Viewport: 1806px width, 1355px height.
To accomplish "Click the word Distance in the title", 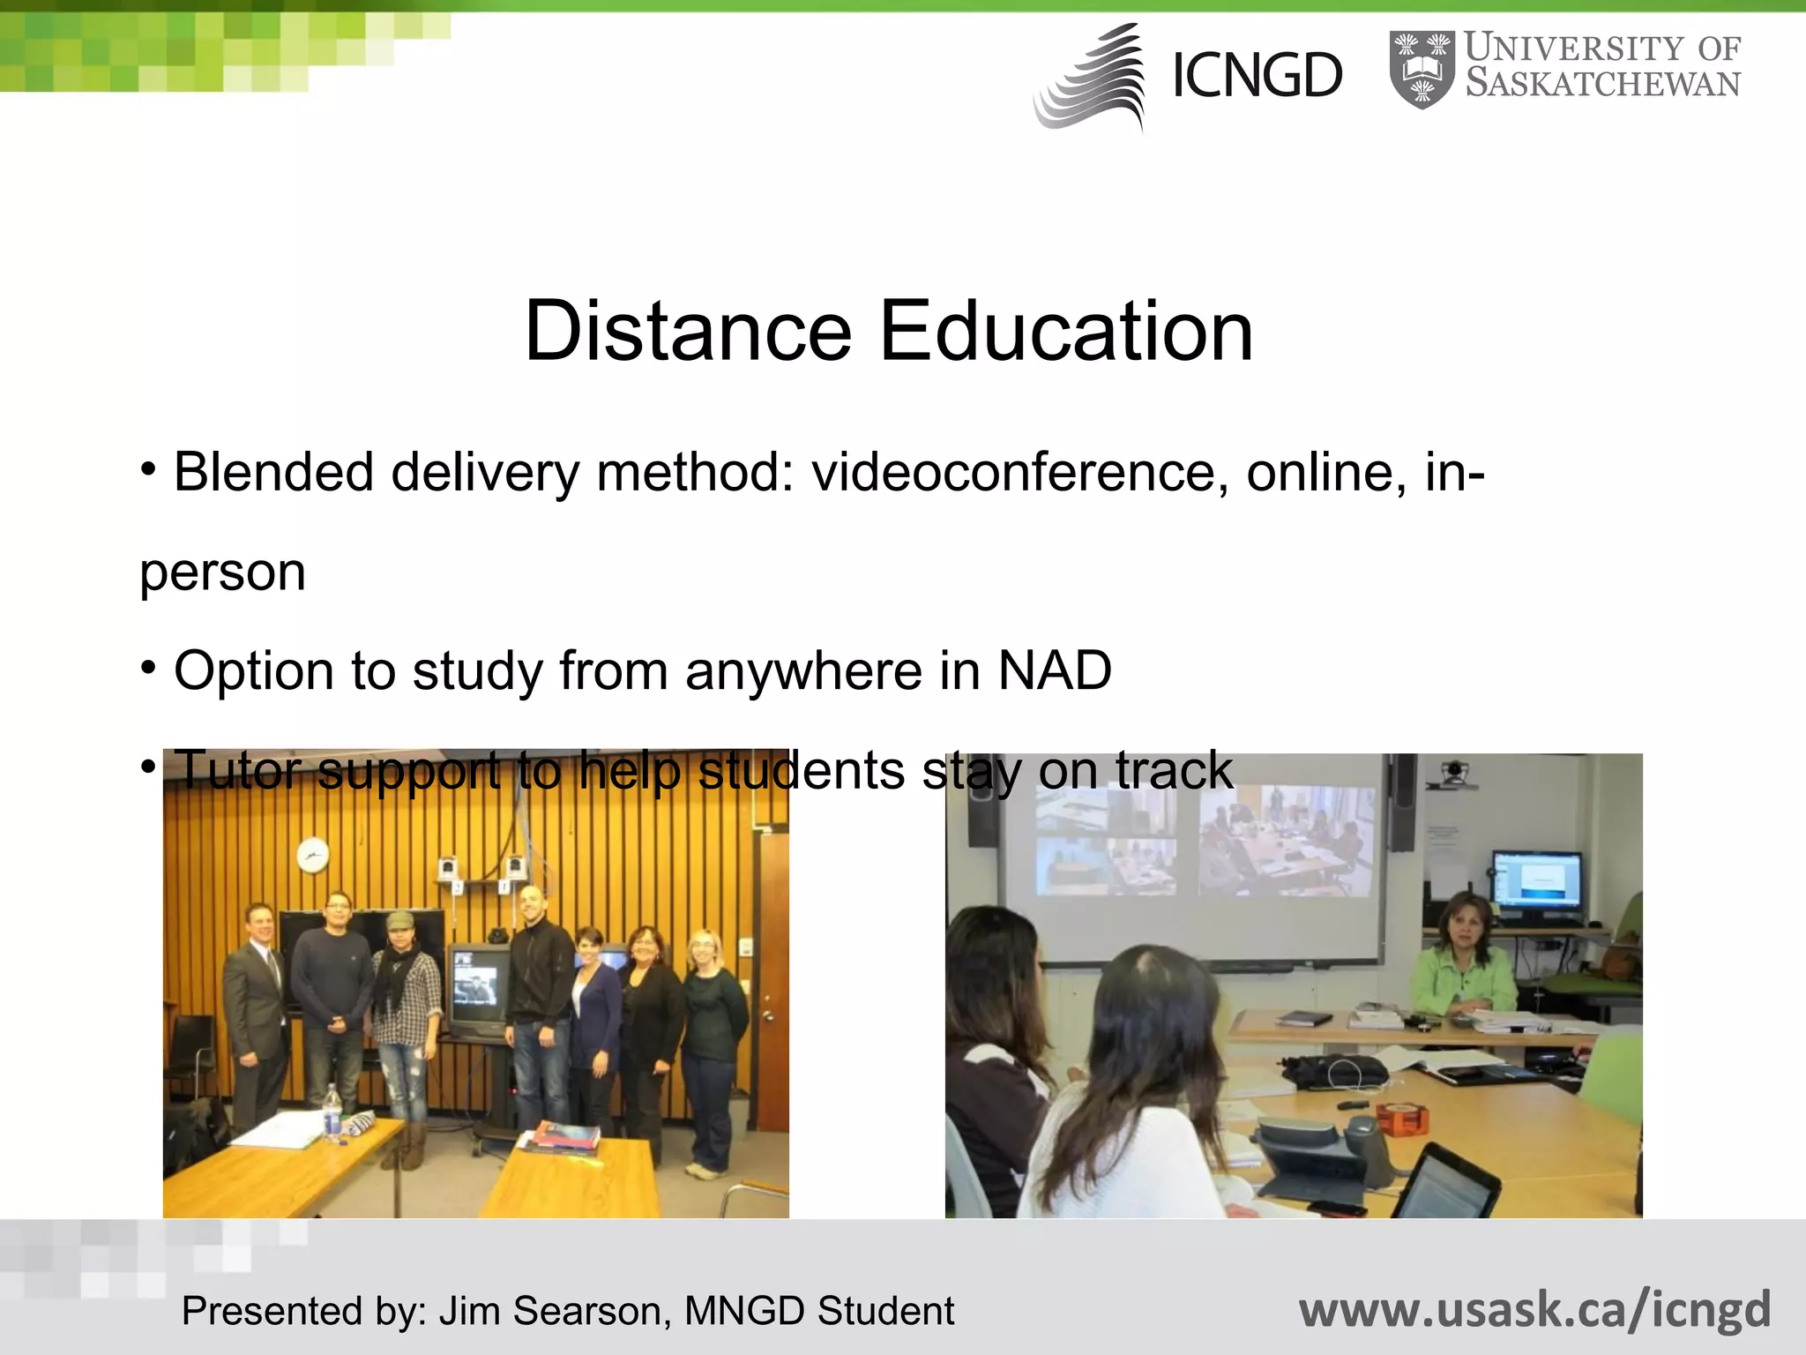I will point(688,332).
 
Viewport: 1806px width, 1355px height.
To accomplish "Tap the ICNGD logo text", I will point(1257,76).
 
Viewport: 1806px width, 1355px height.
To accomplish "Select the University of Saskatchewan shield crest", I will point(1422,71).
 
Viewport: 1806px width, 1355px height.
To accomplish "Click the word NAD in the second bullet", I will point(1055,670).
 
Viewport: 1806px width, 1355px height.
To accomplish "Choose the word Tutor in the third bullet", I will point(238,769).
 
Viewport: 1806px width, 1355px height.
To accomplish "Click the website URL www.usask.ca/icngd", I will point(1534,1309).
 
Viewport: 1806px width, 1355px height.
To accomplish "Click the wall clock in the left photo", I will point(312,854).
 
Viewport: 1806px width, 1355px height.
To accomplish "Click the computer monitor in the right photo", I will point(1535,879).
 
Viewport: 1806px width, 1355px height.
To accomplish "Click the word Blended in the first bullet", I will point(273,473).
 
